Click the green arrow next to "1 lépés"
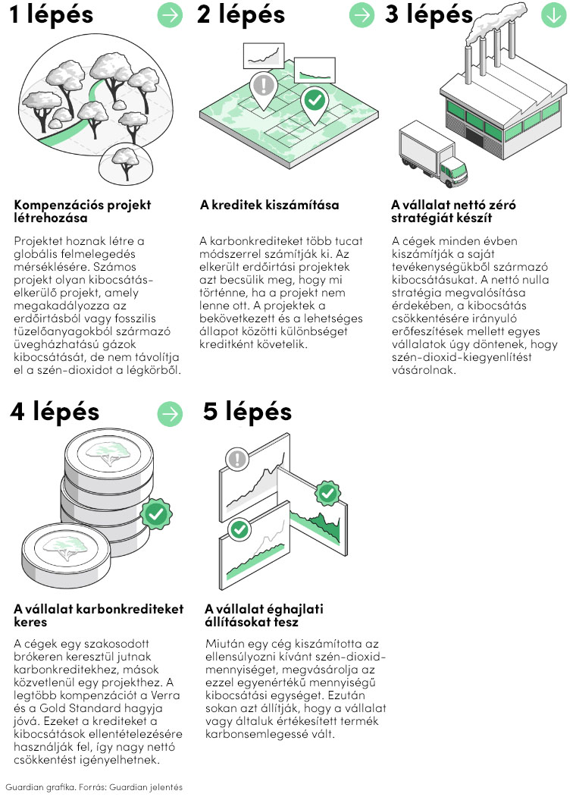[170, 15]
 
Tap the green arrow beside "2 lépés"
[362, 15]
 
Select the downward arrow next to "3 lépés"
[554, 15]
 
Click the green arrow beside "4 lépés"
[170, 414]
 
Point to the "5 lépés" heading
[247, 413]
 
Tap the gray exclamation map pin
[263, 90]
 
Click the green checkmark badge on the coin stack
[156, 514]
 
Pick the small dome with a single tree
[126, 163]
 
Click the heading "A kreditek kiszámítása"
[269, 205]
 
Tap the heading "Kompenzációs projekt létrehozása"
[83, 212]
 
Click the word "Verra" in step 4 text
[164, 695]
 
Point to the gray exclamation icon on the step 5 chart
[236, 459]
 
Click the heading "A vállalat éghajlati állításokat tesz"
[265, 615]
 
